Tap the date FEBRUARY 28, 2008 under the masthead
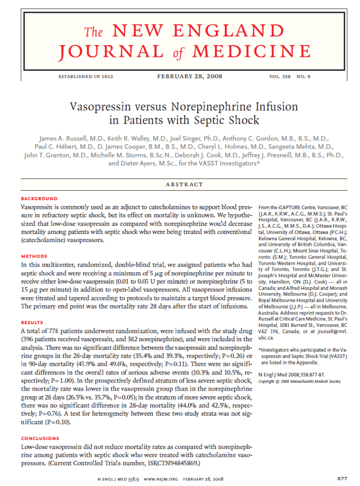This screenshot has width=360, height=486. (x=190, y=76)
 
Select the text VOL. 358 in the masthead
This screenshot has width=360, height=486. (x=279, y=76)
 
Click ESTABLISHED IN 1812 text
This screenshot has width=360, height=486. (x=85, y=76)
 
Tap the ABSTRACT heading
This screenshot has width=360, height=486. (x=185, y=184)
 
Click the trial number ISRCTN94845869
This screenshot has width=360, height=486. (x=173, y=463)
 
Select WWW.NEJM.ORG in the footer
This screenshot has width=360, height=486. (x=160, y=478)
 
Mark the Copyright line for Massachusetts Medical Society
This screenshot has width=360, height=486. (x=300, y=382)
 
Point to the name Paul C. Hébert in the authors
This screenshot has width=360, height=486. (x=55, y=147)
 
